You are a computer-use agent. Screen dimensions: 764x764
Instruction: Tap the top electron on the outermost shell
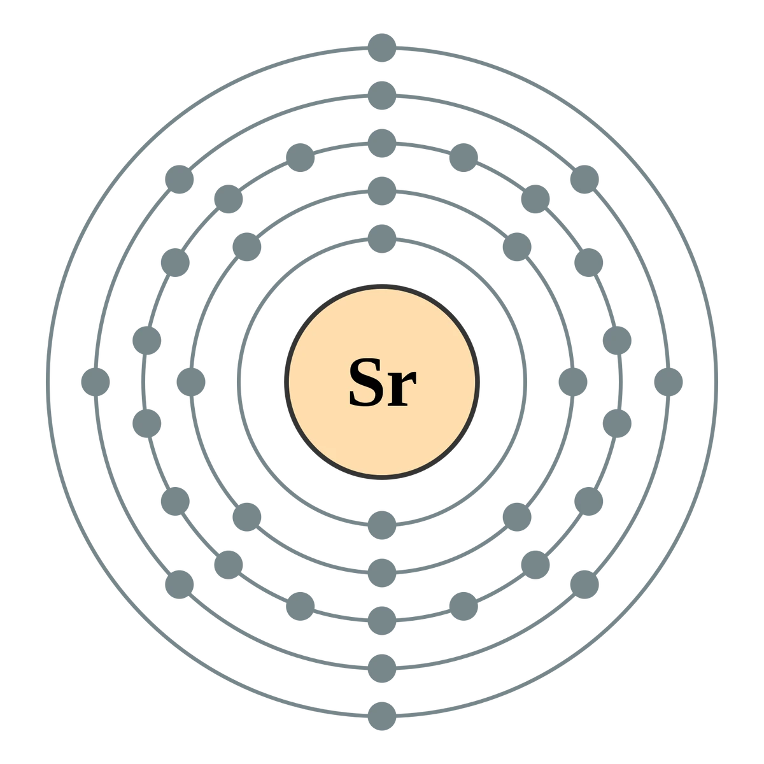pos(381,46)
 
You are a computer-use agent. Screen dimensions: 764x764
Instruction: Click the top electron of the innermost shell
pos(381,239)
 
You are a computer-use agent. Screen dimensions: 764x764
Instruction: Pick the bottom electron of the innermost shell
pos(381,525)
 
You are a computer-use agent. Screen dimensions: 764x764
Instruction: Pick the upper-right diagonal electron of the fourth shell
pos(584,179)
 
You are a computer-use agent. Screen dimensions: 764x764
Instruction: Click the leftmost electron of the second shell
pos(190,382)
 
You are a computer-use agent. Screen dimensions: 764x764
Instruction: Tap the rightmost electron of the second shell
pos(572,382)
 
